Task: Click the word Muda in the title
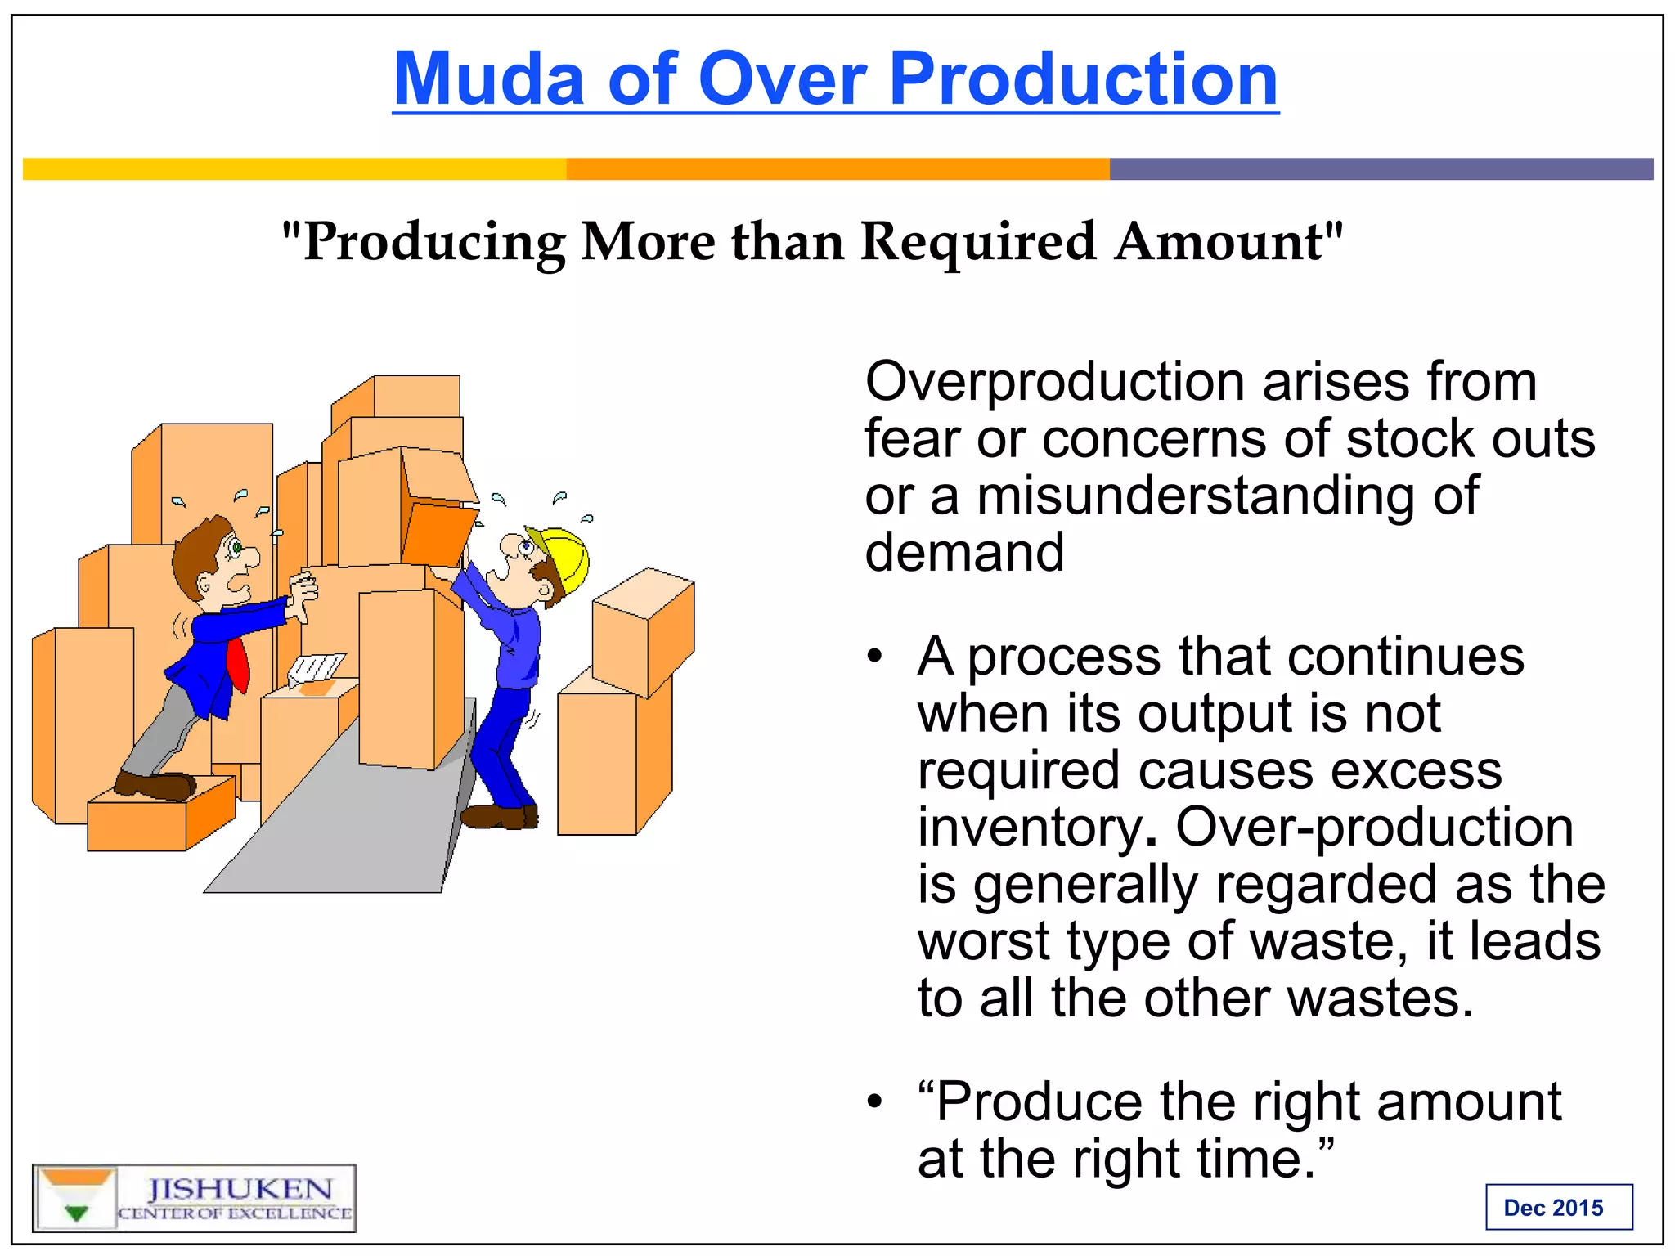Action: pos(488,79)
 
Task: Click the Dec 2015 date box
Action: pos(1558,1207)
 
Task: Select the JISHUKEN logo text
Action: pos(240,1189)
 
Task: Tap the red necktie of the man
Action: pos(238,665)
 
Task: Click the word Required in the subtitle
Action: pos(977,242)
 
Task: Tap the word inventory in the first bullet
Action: pos(1029,828)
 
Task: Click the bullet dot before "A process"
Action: pos(875,657)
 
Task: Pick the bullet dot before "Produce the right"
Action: pos(875,1101)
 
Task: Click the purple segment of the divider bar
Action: pos(1381,169)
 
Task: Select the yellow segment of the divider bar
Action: pos(294,169)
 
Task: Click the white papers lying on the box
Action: pos(317,668)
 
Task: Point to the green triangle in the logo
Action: pos(76,1213)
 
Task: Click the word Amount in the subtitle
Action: pos(1227,242)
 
